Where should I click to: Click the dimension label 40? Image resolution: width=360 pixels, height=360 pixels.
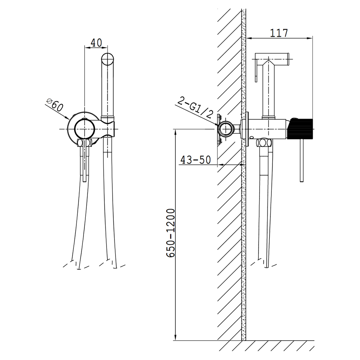[96, 43]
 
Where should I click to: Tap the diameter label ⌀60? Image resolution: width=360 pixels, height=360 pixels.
[55, 105]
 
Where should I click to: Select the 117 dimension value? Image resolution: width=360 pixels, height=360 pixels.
[279, 33]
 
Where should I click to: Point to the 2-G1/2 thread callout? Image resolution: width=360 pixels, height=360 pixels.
[194, 108]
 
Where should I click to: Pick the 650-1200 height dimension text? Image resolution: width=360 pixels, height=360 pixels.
[171, 233]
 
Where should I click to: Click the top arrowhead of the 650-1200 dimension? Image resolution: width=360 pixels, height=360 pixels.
[175, 132]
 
